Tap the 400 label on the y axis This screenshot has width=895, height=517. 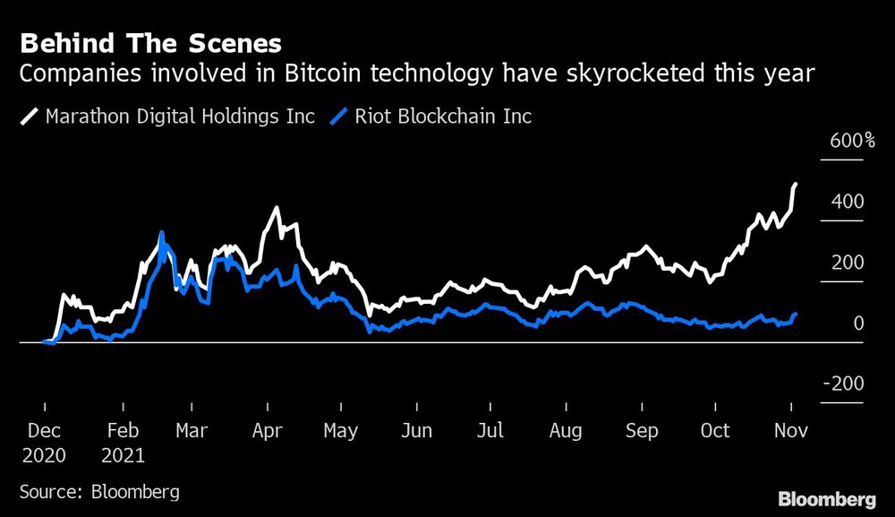point(847,202)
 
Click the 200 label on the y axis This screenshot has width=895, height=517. point(847,263)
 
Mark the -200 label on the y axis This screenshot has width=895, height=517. point(842,383)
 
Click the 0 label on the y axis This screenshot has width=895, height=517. point(858,323)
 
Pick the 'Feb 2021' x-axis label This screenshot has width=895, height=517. point(123,442)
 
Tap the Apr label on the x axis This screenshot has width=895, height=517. point(268,431)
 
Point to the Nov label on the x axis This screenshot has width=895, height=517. point(789,431)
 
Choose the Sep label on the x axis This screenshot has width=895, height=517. point(641,431)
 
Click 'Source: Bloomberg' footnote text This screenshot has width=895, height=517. point(99,491)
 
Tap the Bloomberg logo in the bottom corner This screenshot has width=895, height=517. point(828,498)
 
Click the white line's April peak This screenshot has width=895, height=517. point(276,208)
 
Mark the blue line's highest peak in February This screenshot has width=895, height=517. point(161,233)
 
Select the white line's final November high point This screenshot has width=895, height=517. point(796,184)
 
